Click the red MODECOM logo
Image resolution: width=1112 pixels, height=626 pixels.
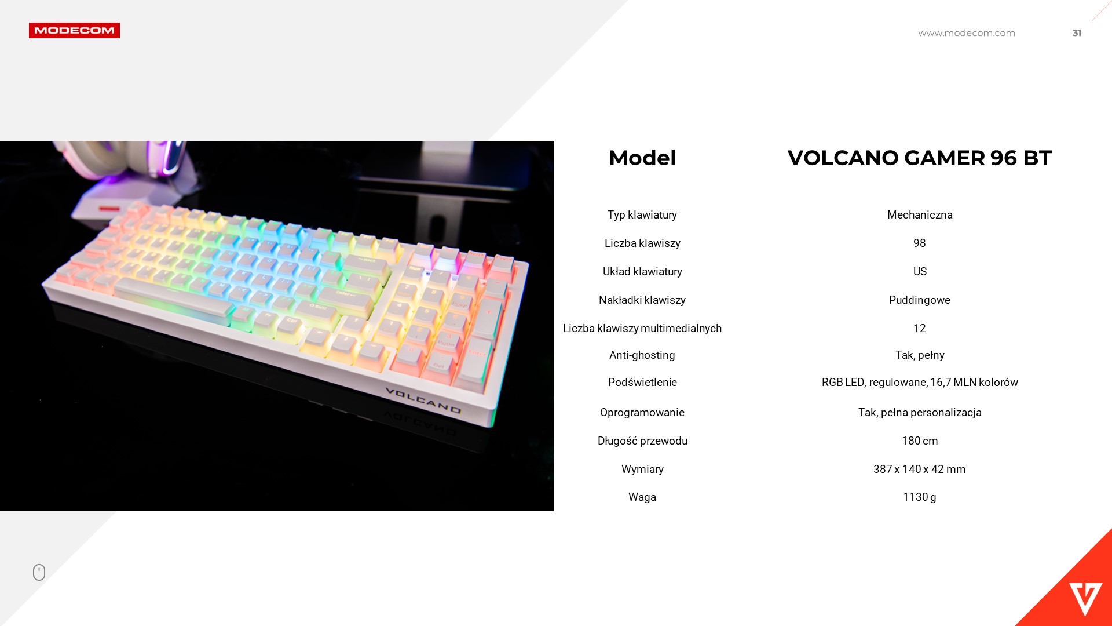tap(74, 31)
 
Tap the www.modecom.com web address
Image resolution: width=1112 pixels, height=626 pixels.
tap(967, 33)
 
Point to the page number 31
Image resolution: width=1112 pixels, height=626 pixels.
tap(1077, 33)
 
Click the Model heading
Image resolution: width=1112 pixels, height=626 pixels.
tap(642, 158)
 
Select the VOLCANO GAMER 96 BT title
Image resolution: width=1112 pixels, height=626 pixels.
tap(920, 158)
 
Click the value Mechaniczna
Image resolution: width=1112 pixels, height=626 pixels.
tap(920, 215)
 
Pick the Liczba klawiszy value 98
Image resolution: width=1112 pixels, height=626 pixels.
tap(920, 243)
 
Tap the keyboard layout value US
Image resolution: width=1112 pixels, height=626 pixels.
tap(920, 272)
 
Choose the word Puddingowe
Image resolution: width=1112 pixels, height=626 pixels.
tap(920, 300)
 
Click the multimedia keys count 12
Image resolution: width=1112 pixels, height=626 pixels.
tap(920, 329)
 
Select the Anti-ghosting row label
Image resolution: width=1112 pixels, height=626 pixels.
tap(642, 355)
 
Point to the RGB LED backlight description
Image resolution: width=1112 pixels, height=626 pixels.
tap(920, 383)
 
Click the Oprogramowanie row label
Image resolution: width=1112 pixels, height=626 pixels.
tap(642, 413)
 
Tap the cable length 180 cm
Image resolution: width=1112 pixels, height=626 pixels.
tap(920, 441)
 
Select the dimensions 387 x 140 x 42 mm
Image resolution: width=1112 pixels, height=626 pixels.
tap(920, 469)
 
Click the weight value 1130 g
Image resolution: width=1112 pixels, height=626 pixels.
tap(920, 497)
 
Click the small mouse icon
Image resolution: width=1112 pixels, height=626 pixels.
tap(39, 572)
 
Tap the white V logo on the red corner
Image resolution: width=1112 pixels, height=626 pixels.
tap(1085, 599)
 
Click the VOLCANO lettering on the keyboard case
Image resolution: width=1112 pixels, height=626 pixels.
tap(423, 401)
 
